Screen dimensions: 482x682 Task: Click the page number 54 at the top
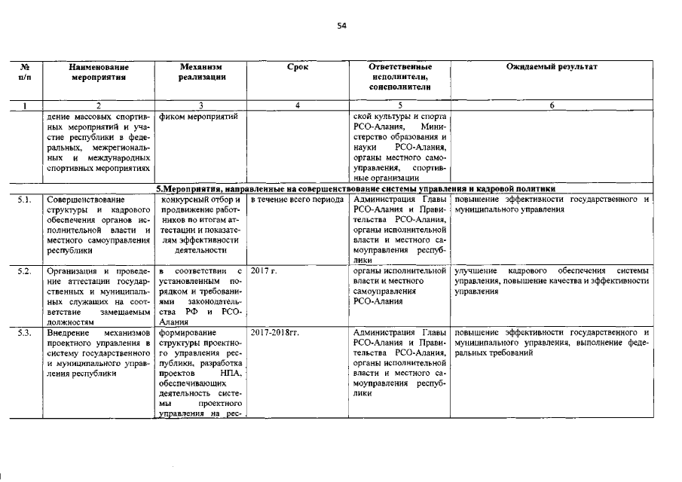pyautogui.click(x=341, y=25)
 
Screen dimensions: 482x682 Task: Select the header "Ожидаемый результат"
pyautogui.click(x=552, y=67)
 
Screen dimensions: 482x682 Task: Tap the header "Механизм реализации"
pyautogui.click(x=201, y=72)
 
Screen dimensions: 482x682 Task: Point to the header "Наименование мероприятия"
pyautogui.click(x=98, y=72)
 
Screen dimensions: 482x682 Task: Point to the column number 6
pyautogui.click(x=552, y=105)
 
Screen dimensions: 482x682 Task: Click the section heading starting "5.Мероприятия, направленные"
pyautogui.click(x=355, y=188)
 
